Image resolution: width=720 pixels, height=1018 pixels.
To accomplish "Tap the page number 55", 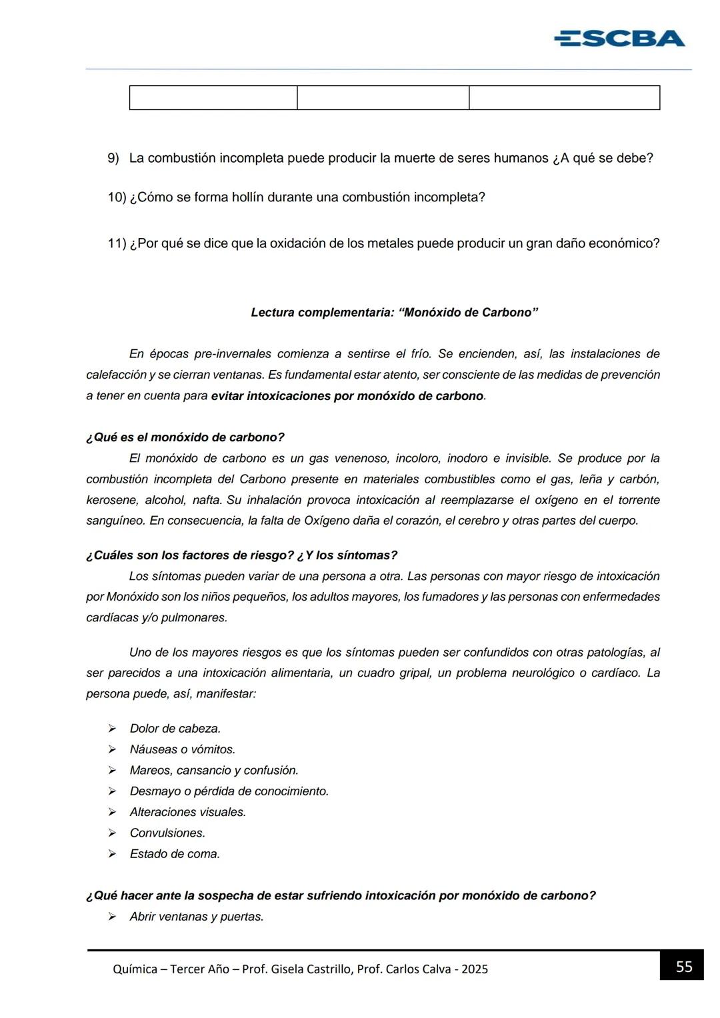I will (x=684, y=967).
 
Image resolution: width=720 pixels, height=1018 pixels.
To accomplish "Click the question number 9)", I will (x=113, y=159).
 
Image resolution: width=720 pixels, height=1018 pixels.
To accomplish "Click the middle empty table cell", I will (x=383, y=98).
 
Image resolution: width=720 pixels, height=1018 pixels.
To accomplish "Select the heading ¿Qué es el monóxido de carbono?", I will (x=185, y=437).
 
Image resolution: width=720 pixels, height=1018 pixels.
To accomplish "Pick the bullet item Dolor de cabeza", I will (x=175, y=729).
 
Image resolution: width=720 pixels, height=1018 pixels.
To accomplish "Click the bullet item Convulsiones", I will (x=167, y=833).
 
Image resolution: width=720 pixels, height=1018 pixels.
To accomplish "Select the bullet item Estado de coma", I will (x=175, y=854).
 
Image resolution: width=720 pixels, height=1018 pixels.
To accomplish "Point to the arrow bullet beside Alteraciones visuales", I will (x=113, y=812).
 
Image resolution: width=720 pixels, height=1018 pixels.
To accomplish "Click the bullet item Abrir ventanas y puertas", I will (x=197, y=917).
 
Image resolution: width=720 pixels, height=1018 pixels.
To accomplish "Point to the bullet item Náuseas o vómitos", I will (x=183, y=749).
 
